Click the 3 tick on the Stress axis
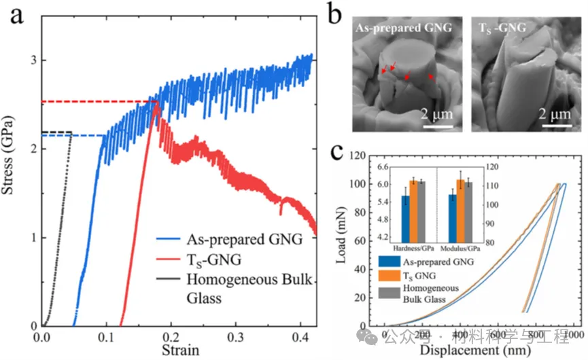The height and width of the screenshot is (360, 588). tap(33, 60)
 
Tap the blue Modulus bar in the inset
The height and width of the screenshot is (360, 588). tap(452, 204)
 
